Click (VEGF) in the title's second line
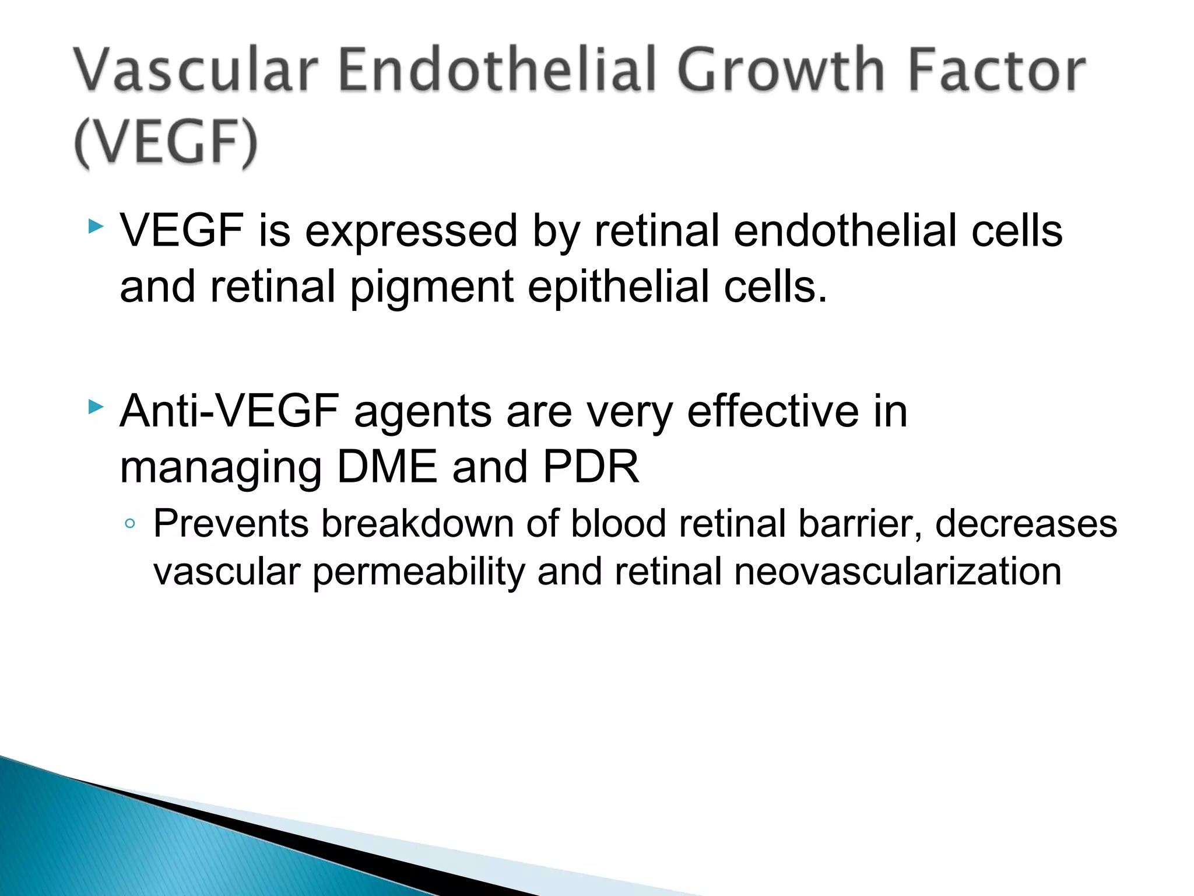[166, 143]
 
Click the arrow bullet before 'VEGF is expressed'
[96, 226]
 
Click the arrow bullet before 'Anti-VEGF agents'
[96, 407]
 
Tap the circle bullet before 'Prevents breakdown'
[130, 523]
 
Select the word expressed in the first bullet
[411, 232]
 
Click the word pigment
[431, 288]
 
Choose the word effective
[772, 411]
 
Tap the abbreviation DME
[387, 467]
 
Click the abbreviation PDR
[591, 467]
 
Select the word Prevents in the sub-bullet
[230, 523]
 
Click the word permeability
[419, 572]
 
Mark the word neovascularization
[897, 571]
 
